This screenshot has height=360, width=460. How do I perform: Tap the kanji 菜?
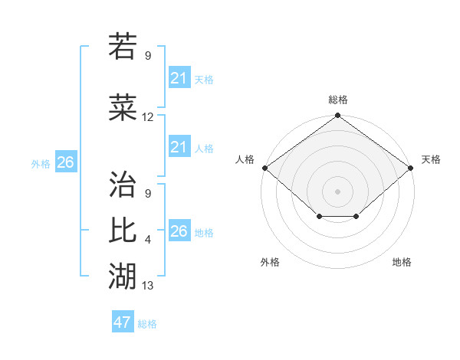point(123,108)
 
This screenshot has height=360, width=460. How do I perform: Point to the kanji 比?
point(123,230)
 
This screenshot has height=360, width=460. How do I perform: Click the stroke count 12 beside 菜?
point(148,117)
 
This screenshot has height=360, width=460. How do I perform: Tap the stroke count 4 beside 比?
point(148,241)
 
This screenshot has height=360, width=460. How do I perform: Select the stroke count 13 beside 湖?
point(148,286)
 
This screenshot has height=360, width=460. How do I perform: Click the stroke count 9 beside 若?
point(148,55)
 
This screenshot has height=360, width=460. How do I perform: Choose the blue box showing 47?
point(123,322)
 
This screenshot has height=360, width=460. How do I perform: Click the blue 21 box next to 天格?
point(179,78)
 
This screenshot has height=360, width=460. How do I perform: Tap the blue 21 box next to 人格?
point(179,147)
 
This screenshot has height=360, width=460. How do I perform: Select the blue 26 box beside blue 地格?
point(179,231)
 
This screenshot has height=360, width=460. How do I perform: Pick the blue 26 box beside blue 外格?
point(66,162)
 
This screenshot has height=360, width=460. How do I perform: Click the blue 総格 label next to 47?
point(147,324)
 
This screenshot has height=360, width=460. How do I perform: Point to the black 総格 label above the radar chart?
point(338,100)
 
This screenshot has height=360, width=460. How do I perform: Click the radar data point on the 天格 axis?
point(411,168)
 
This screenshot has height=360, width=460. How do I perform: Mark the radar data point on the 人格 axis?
point(264,168)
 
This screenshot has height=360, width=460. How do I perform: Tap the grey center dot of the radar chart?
point(338,191)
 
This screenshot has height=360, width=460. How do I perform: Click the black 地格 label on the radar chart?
point(402,262)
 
